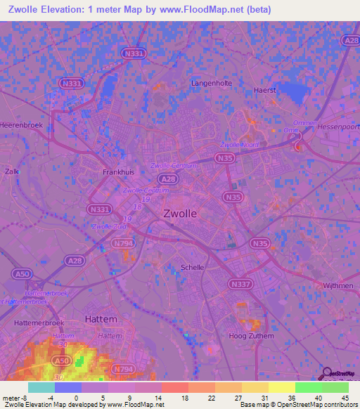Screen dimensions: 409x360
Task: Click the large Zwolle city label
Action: click(x=180, y=214)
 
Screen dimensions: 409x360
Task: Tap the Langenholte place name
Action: click(x=211, y=83)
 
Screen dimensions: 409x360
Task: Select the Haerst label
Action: click(x=264, y=91)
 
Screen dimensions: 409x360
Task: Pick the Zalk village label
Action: click(x=11, y=171)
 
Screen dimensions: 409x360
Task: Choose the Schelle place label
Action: click(x=193, y=268)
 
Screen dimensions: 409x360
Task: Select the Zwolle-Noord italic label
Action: click(x=240, y=145)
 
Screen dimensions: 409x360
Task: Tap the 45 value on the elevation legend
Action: click(x=345, y=398)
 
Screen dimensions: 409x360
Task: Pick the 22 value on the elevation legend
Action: click(x=212, y=398)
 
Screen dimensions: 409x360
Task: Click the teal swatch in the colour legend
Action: click(x=41, y=387)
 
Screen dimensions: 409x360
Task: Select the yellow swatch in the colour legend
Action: click(x=281, y=387)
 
